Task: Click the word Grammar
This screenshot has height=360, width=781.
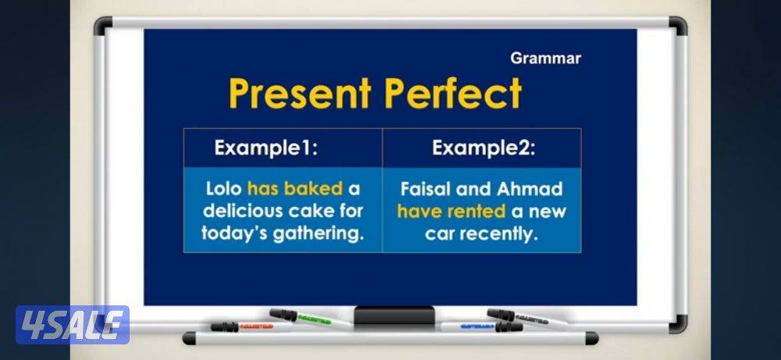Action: point(545,59)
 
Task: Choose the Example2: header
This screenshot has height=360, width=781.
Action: point(483,148)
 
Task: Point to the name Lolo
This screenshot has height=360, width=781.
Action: point(223,189)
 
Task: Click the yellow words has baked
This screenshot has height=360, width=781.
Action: point(294,189)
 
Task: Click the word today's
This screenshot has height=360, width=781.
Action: point(235,233)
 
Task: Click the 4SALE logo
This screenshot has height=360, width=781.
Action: point(72,324)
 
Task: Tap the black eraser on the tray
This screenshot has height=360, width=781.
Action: point(394,315)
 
